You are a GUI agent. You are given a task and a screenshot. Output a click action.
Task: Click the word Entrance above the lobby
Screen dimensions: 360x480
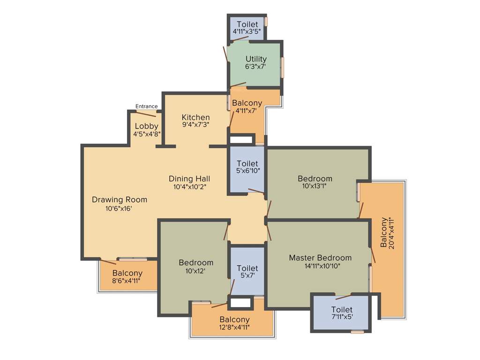146,106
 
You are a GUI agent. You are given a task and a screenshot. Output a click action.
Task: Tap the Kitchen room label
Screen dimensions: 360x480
195,117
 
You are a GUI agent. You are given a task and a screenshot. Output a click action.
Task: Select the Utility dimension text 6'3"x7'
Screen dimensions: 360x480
255,67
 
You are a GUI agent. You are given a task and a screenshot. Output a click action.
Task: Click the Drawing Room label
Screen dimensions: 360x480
119,200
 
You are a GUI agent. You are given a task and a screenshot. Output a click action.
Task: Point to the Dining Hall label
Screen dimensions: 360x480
189,179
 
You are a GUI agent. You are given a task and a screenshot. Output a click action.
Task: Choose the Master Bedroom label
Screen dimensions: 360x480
320,258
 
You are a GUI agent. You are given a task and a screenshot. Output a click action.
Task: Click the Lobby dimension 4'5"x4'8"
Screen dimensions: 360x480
147,134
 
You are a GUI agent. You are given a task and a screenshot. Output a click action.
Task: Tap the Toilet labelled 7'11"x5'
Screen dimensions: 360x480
342,310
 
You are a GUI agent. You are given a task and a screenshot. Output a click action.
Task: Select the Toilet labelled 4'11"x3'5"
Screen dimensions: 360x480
247,24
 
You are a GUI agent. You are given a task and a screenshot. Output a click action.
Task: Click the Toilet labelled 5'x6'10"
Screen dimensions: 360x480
247,164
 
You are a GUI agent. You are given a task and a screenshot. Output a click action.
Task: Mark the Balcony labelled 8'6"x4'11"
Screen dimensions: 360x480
127,273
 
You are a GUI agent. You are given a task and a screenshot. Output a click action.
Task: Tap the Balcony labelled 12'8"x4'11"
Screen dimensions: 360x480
234,320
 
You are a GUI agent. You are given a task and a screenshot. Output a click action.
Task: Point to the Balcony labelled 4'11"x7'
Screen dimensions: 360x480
247,103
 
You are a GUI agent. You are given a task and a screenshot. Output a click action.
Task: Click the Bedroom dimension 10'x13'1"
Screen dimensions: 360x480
315,186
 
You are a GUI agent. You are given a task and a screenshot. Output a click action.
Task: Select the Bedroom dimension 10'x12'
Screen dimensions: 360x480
196,270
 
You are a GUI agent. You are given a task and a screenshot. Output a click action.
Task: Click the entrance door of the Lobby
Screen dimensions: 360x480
146,113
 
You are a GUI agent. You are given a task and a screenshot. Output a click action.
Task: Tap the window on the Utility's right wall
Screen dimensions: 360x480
282,67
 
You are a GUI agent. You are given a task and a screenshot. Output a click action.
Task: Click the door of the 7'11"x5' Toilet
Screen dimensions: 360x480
343,296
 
